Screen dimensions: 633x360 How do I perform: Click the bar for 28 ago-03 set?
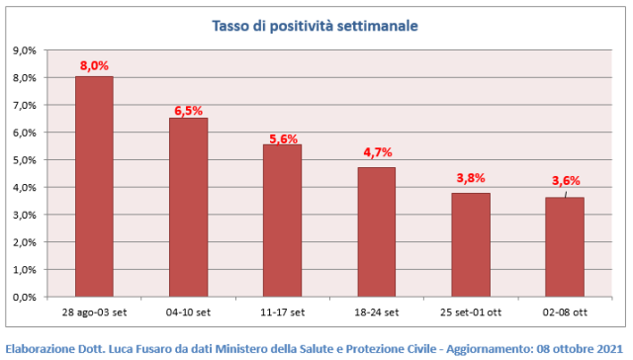pyautogui.click(x=94, y=187)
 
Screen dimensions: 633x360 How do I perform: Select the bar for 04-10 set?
pyautogui.click(x=189, y=208)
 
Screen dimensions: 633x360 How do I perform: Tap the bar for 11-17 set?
pyautogui.click(x=283, y=221)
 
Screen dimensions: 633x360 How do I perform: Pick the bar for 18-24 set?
pyautogui.click(x=377, y=232)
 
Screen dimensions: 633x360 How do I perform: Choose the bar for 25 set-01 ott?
pyautogui.click(x=471, y=245)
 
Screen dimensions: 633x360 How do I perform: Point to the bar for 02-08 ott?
pyautogui.click(x=565, y=247)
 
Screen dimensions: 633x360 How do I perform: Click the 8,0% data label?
pyautogui.click(x=94, y=65)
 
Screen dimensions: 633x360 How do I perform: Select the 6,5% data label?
pyautogui.click(x=189, y=111)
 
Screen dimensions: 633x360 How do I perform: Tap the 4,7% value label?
pyautogui.click(x=378, y=152)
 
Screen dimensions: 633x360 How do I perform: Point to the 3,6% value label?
pyautogui.click(x=566, y=181)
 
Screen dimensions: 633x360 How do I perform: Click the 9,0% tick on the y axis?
pyautogui.click(x=24, y=50)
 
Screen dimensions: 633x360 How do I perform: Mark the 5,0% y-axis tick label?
pyautogui.click(x=24, y=160)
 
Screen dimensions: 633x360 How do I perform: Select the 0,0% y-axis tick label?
pyautogui.click(x=24, y=298)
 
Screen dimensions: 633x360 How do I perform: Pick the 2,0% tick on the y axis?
pyautogui.click(x=24, y=242)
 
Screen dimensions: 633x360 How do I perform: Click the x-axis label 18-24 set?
pyautogui.click(x=377, y=313)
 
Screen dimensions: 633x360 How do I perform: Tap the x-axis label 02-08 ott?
pyautogui.click(x=565, y=313)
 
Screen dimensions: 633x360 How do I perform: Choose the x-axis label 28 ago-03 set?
pyautogui.click(x=94, y=313)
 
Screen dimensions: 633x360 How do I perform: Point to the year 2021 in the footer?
pyautogui.click(x=610, y=349)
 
